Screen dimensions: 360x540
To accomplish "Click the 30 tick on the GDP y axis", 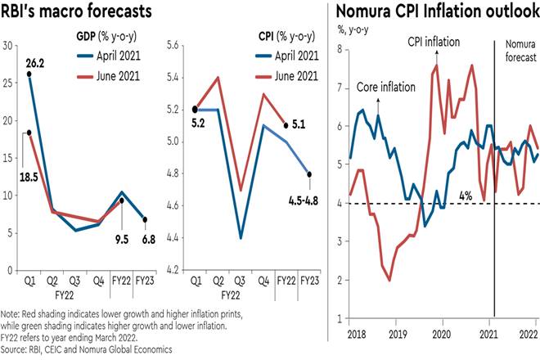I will tap(9, 45).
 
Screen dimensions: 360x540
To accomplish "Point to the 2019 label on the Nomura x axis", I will tap(396, 335).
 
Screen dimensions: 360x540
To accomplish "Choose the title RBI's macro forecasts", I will tap(78, 12).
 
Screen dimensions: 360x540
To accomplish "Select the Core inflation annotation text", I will tap(380, 86).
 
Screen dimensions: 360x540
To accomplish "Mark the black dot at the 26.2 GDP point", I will tap(29, 74).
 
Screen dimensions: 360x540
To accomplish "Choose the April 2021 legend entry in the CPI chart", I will tap(286, 56).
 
